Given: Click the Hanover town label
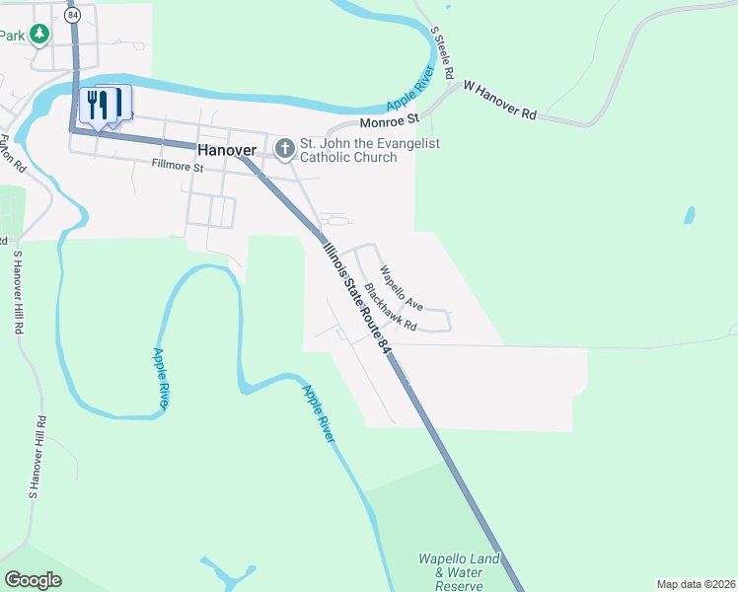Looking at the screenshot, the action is (x=227, y=151).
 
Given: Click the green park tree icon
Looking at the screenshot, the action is (x=39, y=36).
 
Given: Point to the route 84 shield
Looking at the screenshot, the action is (x=73, y=16).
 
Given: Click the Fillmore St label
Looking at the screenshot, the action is (x=177, y=168).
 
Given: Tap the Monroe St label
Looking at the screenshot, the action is (x=390, y=120).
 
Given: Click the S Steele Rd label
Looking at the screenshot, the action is (x=441, y=52).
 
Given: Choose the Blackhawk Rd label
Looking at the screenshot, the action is (x=391, y=307).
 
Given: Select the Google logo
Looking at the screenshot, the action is (x=34, y=579).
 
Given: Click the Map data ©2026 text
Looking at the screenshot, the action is (x=696, y=584).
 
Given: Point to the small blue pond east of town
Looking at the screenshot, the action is (x=689, y=214).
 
